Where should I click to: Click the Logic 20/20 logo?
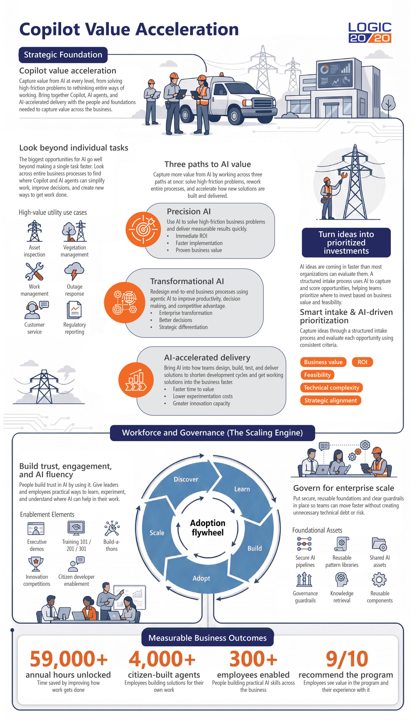(370, 32)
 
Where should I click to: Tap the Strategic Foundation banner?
(63, 55)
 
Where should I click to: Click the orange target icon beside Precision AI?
(143, 229)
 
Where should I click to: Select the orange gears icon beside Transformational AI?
(124, 302)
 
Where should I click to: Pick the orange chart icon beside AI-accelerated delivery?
(136, 380)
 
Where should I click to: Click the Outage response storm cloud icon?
(74, 271)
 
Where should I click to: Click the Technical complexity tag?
(331, 387)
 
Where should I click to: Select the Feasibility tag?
(317, 375)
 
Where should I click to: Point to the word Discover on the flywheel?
(186, 479)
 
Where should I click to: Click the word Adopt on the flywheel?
(201, 578)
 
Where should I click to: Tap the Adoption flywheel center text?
(208, 527)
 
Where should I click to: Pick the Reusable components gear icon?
(379, 580)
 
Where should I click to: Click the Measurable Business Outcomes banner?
(207, 638)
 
